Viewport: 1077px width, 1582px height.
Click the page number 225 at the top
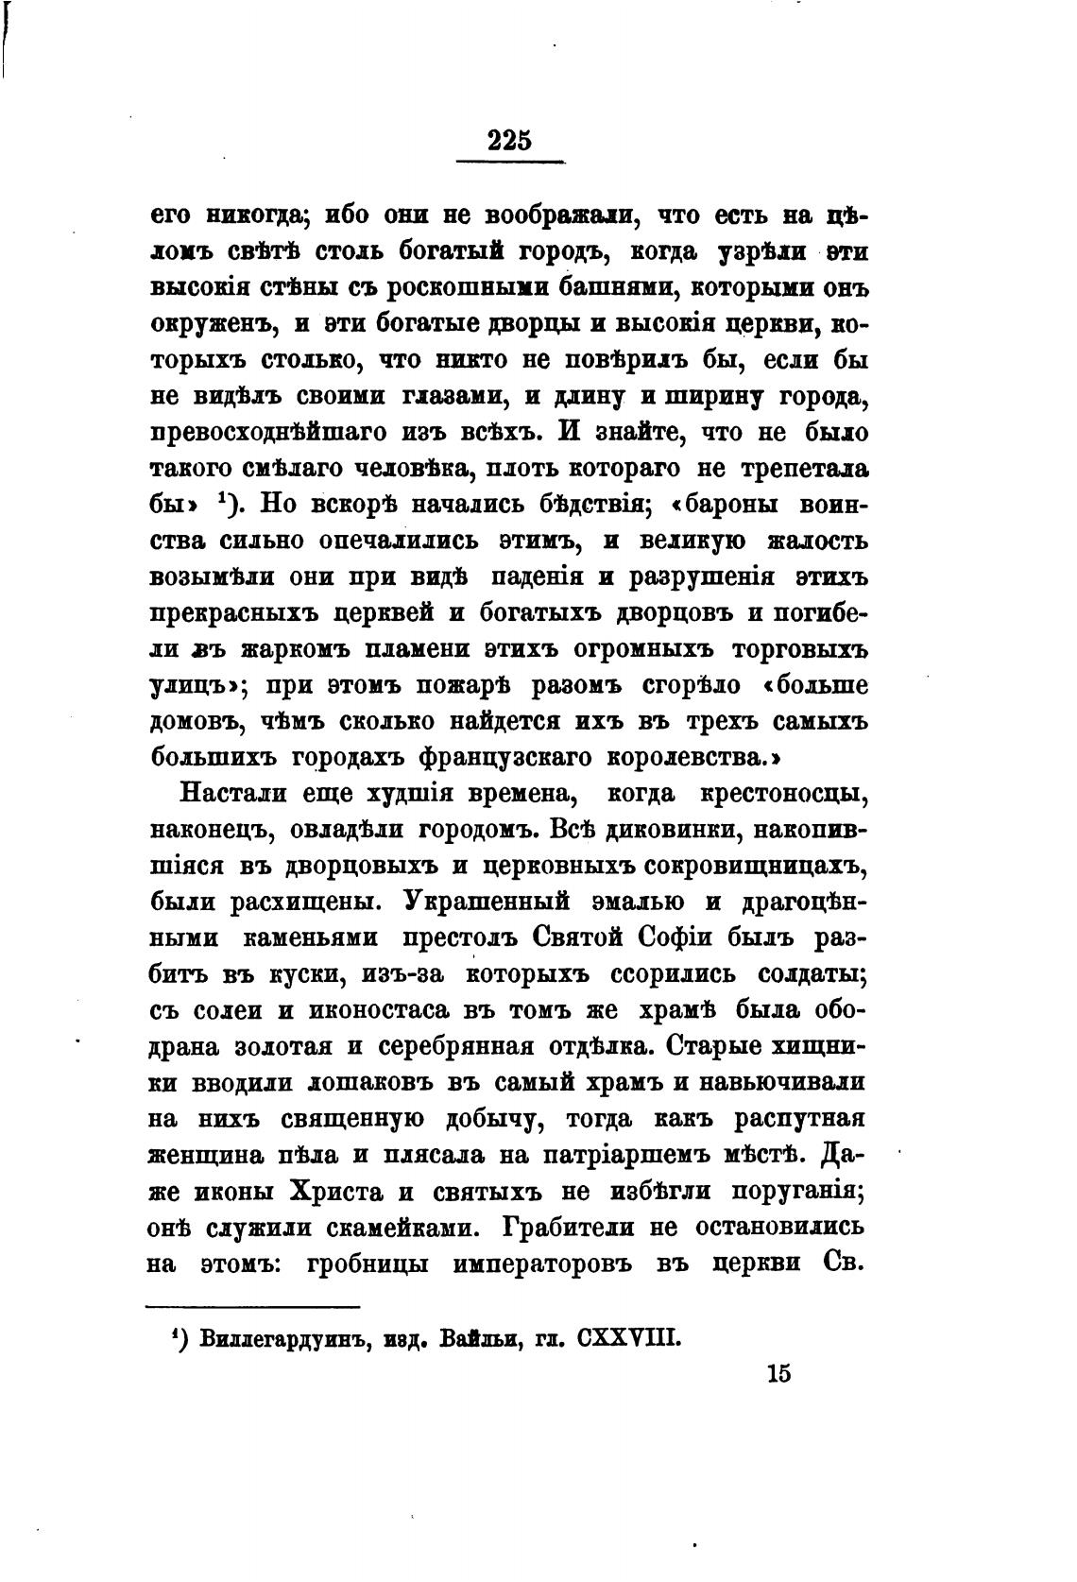(x=510, y=140)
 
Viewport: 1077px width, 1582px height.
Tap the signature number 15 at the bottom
(x=778, y=1372)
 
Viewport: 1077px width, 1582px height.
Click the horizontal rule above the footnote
(x=252, y=1307)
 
